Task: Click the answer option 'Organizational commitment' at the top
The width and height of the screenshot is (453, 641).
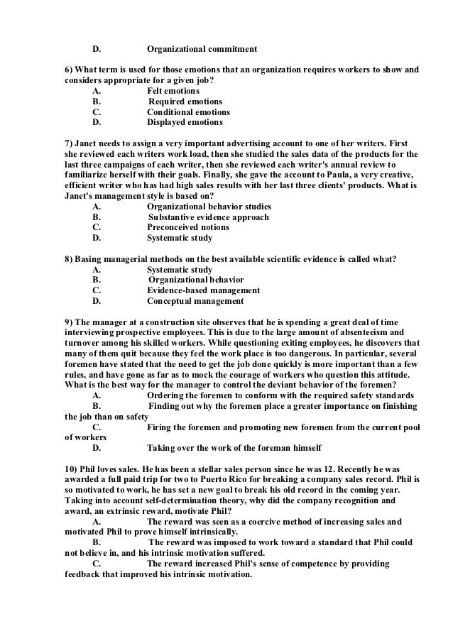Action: point(201,50)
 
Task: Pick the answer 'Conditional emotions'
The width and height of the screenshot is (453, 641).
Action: point(188,112)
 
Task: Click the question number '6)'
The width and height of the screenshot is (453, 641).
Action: point(69,71)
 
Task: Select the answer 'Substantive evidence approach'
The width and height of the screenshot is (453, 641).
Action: point(208,217)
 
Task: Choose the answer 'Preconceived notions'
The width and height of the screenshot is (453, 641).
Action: point(188,228)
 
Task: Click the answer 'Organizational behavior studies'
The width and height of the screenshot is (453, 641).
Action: point(209,207)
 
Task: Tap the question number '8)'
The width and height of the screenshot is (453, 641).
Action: point(69,259)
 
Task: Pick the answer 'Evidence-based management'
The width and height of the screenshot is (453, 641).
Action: point(203,290)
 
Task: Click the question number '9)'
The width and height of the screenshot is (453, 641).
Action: point(69,322)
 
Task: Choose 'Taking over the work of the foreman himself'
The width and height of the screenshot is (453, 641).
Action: point(234,448)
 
